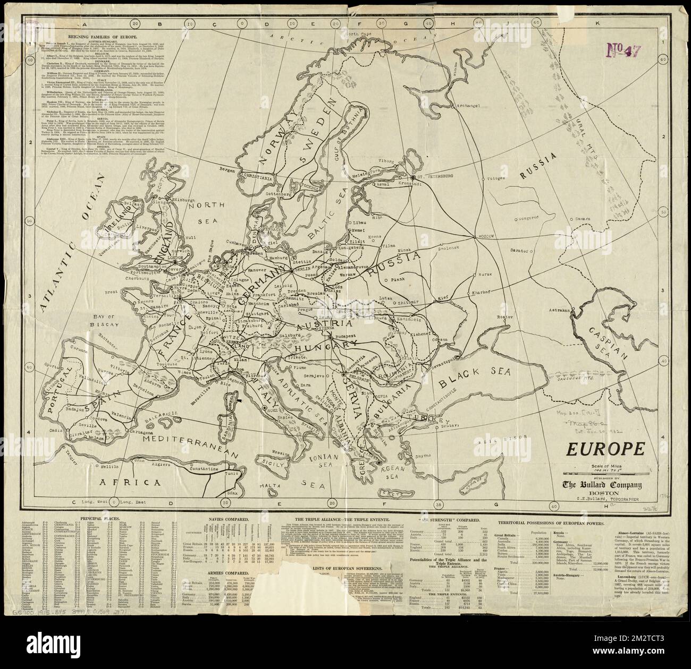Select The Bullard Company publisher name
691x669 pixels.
(x=603, y=485)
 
